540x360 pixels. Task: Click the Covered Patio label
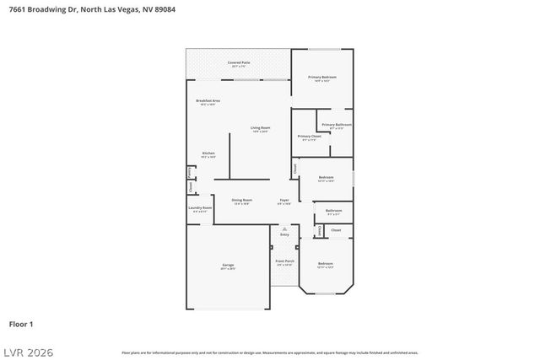pyautogui.click(x=239, y=62)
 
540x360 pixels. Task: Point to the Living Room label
pyautogui.click(x=260, y=128)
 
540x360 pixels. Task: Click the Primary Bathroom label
pyautogui.click(x=336, y=125)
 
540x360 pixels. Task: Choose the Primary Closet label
pyautogui.click(x=310, y=136)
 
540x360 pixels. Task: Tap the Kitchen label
pyautogui.click(x=208, y=153)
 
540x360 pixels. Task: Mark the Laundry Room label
pyautogui.click(x=202, y=207)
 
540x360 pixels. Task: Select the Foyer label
pyautogui.click(x=285, y=200)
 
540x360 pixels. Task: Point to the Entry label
pyautogui.click(x=284, y=234)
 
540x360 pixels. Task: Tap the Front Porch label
pyautogui.click(x=284, y=261)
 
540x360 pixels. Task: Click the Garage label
pyautogui.click(x=228, y=265)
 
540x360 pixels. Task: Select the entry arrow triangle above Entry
pyautogui.click(x=284, y=228)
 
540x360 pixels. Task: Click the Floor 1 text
pyautogui.click(x=21, y=324)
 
